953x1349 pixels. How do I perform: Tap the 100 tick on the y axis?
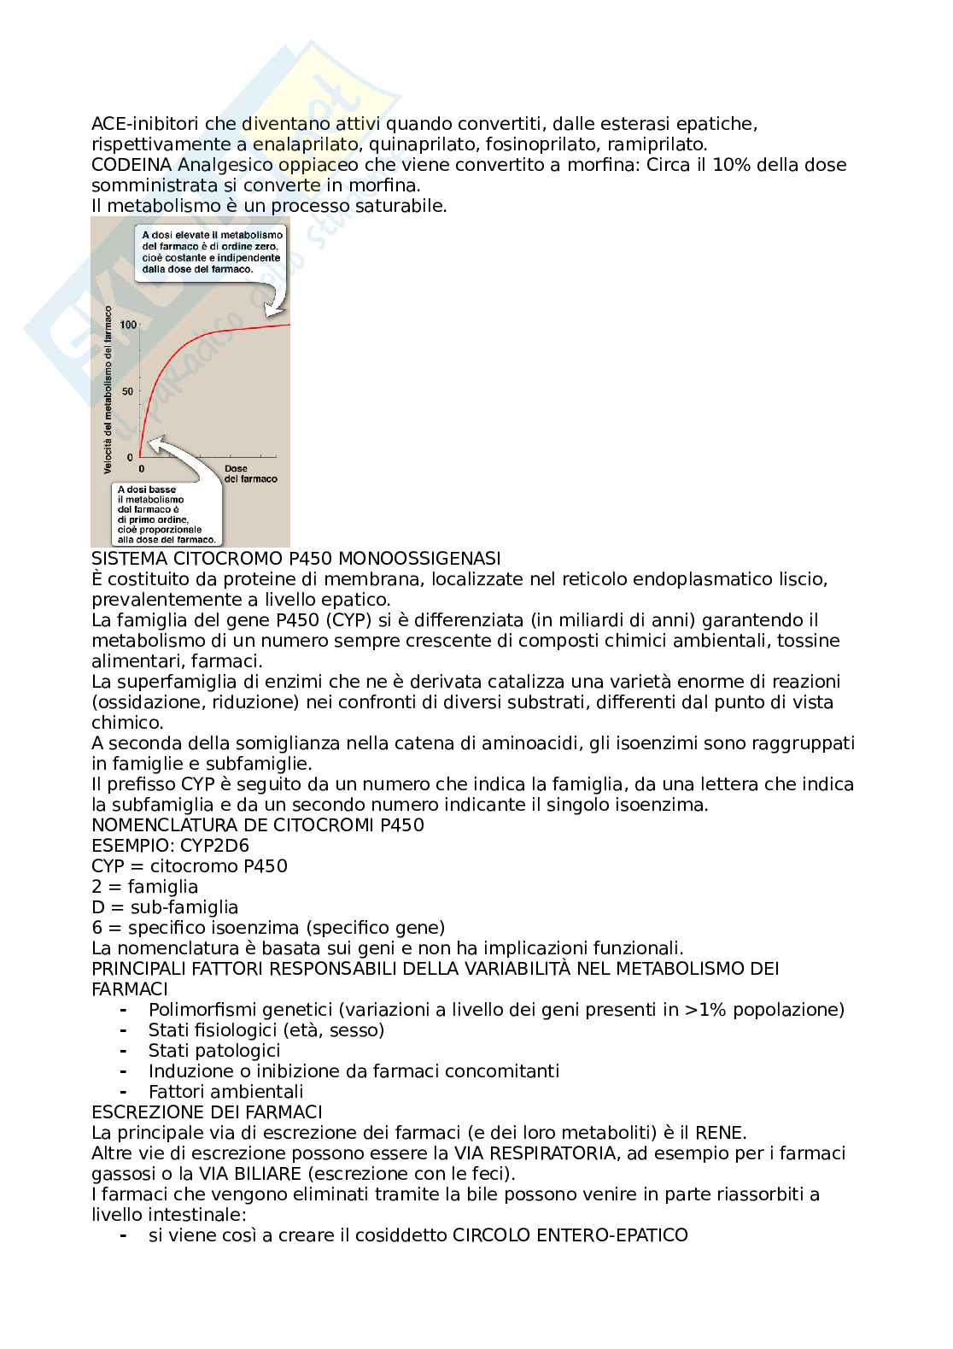click(x=128, y=325)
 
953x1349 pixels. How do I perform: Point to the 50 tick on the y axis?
click(x=128, y=391)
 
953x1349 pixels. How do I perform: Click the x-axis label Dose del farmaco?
click(x=250, y=474)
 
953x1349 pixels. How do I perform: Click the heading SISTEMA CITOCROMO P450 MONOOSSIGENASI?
click(x=295, y=559)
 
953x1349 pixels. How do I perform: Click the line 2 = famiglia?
click(x=144, y=887)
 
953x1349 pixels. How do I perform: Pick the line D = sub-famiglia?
click(x=165, y=907)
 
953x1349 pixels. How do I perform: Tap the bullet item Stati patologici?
click(x=214, y=1051)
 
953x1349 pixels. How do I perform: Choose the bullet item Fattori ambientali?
click(x=225, y=1092)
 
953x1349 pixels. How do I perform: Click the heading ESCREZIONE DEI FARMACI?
click(x=207, y=1112)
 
